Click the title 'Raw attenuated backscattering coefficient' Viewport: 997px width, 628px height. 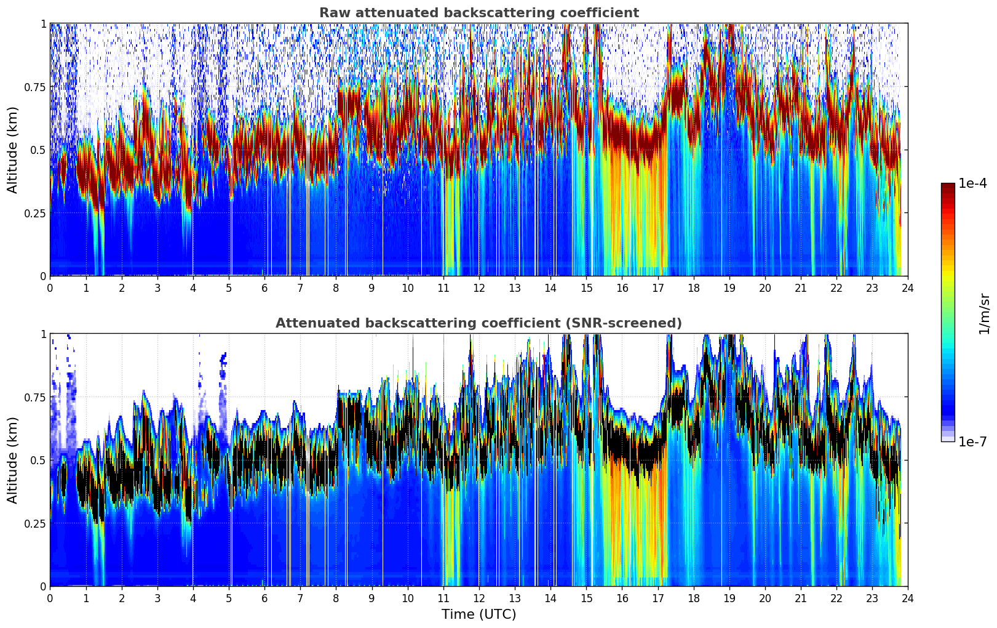pyautogui.click(x=479, y=13)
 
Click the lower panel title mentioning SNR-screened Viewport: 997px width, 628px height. pyautogui.click(x=479, y=323)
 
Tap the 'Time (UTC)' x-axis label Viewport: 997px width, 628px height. pyautogui.click(x=479, y=614)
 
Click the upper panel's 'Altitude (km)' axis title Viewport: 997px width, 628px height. pyautogui.click(x=13, y=150)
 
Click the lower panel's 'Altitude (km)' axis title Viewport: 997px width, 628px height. pyautogui.click(x=13, y=460)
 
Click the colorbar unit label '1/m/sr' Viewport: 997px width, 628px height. pyautogui.click(x=983, y=313)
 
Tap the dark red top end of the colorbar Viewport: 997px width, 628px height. pyautogui.click(x=948, y=187)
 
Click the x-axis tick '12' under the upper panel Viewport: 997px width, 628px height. pyautogui.click(x=479, y=288)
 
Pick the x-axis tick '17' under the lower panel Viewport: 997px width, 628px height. pyautogui.click(x=657, y=598)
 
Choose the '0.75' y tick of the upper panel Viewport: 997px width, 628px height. pyautogui.click(x=35, y=87)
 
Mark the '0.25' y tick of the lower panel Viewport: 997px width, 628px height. pyautogui.click(x=35, y=523)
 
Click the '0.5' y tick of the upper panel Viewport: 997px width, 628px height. pyautogui.click(x=38, y=150)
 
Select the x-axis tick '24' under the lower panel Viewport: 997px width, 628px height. pyautogui.click(x=908, y=598)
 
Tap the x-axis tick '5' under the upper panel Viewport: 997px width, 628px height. pyautogui.click(x=229, y=288)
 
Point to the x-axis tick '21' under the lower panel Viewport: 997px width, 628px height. pyautogui.click(x=801, y=598)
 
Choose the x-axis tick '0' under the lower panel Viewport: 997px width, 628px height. pyautogui.click(x=50, y=598)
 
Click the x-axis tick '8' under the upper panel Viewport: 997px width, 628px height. pyautogui.click(x=336, y=288)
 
